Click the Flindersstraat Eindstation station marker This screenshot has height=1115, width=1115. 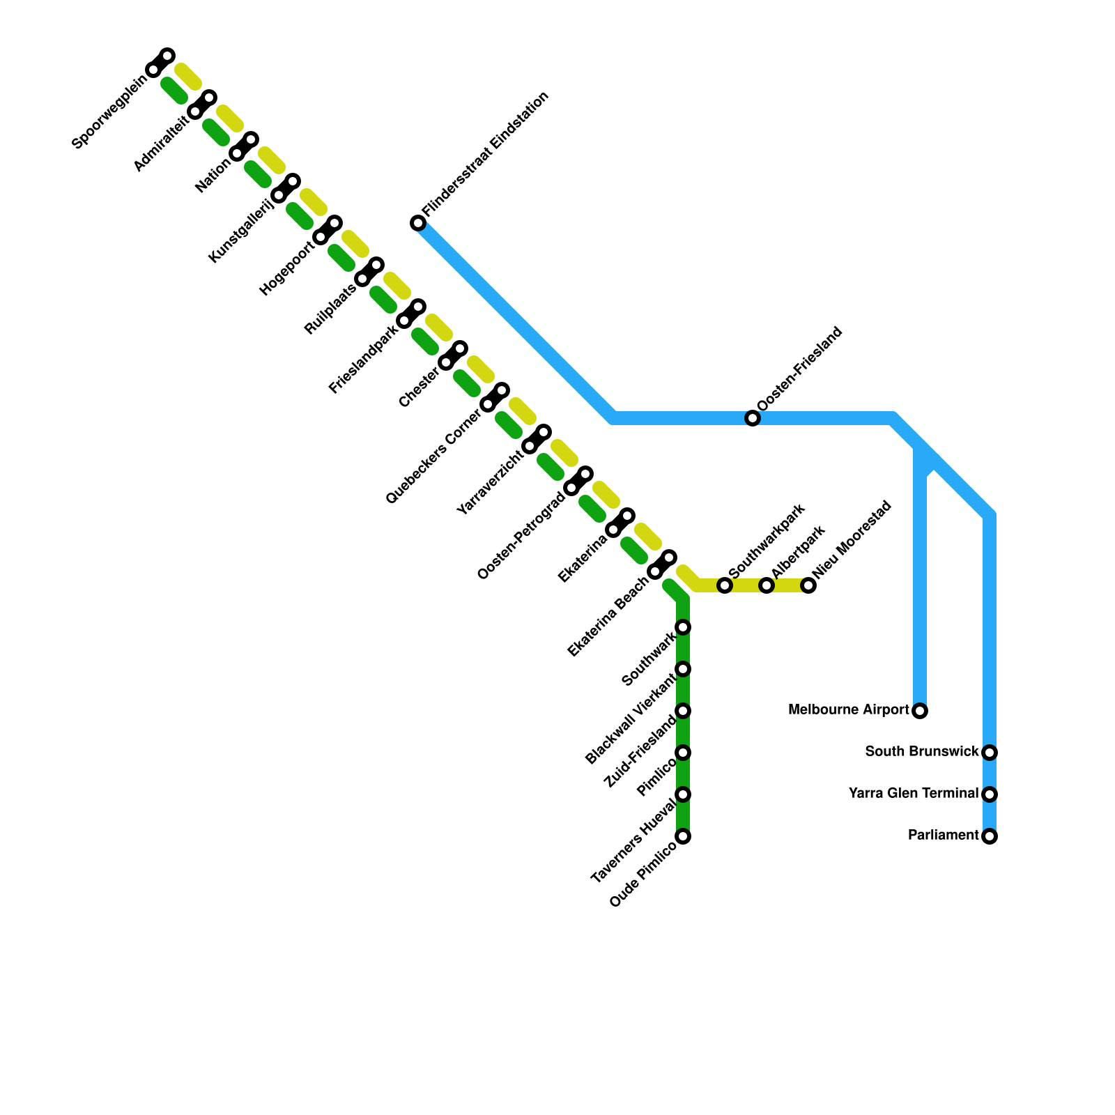click(418, 223)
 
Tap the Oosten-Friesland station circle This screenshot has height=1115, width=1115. click(753, 418)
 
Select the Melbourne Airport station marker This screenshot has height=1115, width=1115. click(920, 711)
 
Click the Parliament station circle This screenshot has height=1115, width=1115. click(990, 836)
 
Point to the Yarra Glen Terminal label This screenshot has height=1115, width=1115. click(914, 794)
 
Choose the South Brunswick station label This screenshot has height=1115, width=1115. click(922, 752)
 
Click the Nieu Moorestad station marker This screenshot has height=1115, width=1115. click(808, 585)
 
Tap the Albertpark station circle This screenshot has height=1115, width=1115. click(767, 585)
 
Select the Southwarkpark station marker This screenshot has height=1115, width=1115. click(725, 585)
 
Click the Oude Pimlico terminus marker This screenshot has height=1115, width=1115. click(683, 836)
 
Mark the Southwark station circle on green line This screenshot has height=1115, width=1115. click(683, 627)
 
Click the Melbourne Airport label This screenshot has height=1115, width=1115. click(849, 710)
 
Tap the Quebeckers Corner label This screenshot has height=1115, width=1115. click(433, 457)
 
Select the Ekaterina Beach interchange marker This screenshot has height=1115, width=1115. click(662, 565)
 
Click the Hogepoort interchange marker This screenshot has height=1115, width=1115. click(328, 231)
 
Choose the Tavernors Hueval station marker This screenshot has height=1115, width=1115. click(683, 794)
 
